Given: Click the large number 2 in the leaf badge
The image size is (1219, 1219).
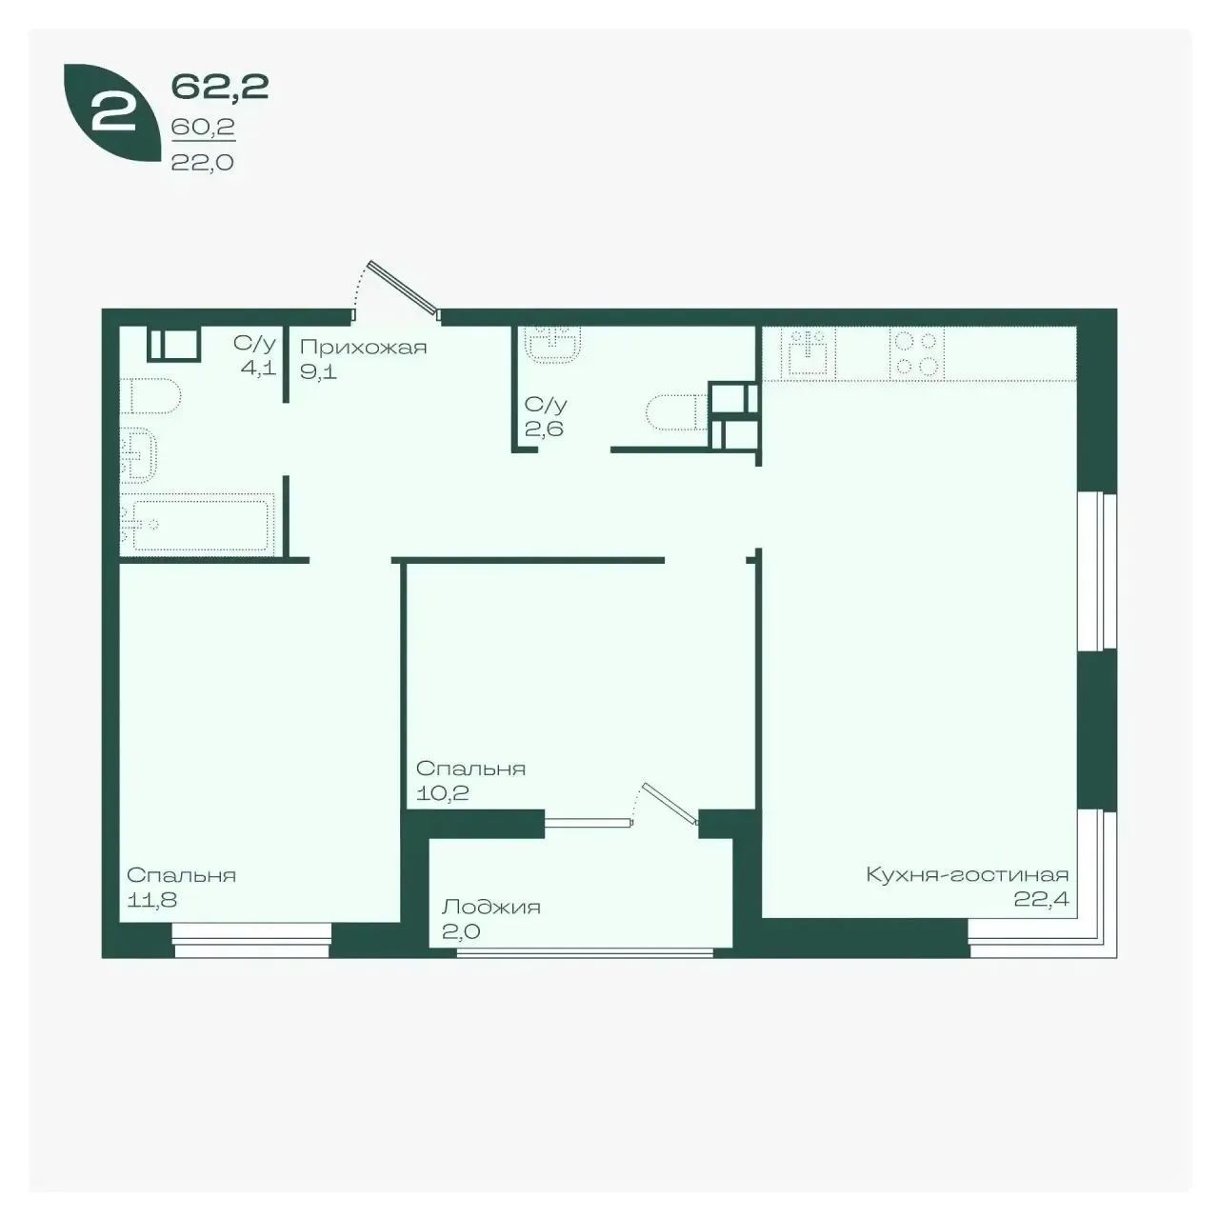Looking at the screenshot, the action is [114, 112].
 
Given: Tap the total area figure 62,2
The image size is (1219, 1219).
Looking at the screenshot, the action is [220, 87].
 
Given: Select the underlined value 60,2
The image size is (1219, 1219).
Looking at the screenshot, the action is [203, 128].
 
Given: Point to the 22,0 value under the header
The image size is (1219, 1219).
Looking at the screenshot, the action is [203, 163].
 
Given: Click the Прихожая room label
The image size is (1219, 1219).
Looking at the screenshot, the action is [363, 348].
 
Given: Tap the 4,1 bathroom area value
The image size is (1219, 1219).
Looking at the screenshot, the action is [258, 368].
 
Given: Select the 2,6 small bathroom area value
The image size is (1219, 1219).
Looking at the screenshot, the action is [544, 429].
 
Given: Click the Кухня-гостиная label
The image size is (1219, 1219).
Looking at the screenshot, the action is [968, 875].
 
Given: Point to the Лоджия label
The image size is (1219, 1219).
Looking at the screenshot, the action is [490, 908].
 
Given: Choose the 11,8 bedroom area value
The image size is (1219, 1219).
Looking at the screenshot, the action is [151, 900].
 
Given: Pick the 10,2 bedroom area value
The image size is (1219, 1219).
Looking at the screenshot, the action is [442, 792].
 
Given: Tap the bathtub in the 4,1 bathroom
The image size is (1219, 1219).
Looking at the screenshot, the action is [198, 525].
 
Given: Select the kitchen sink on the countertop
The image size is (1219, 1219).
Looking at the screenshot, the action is [808, 351].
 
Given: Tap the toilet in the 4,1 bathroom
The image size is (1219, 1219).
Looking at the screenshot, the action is [150, 396].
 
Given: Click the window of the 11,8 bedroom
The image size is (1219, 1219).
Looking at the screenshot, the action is [251, 941].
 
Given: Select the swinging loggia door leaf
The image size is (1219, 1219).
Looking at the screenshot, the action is [669, 804].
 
